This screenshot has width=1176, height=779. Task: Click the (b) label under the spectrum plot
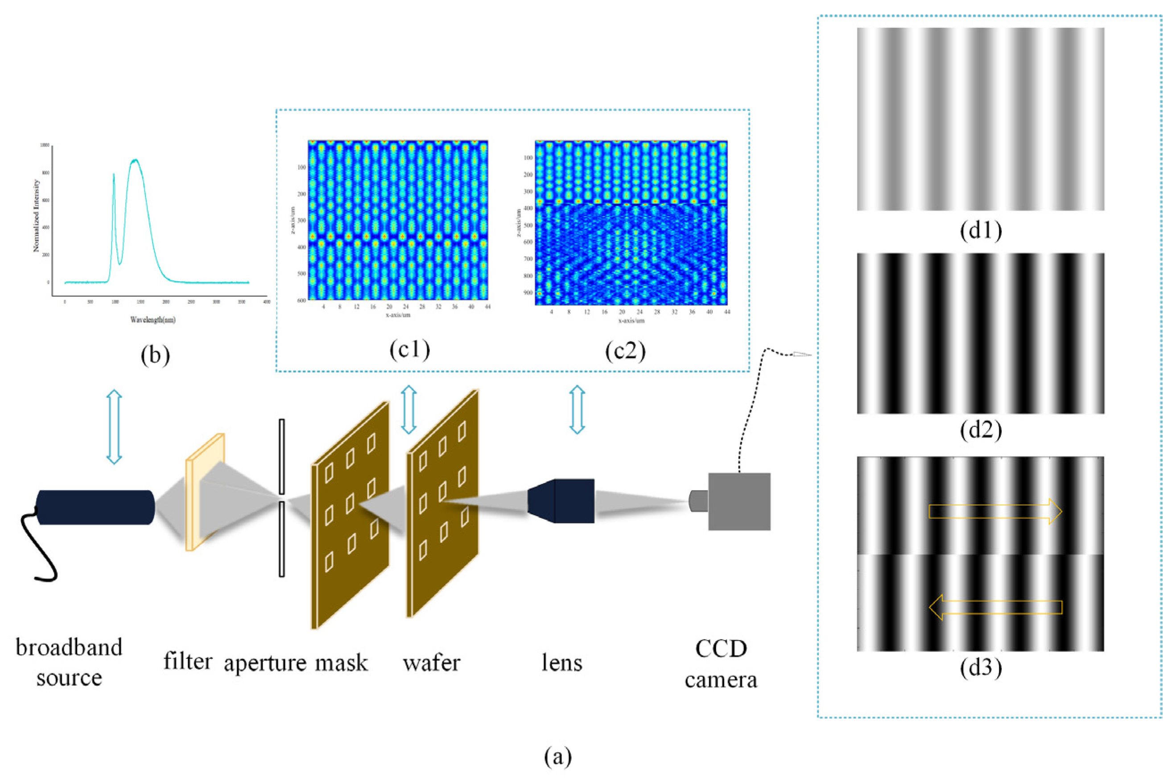(155, 355)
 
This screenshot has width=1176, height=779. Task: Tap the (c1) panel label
(409, 350)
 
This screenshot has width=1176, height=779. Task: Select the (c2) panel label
(625, 351)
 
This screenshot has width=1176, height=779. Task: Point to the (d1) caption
(981, 231)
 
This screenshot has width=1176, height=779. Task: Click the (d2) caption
(981, 430)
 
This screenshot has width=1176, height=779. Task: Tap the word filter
(188, 661)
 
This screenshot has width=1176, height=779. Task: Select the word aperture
(265, 664)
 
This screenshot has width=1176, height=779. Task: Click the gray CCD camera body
(739, 501)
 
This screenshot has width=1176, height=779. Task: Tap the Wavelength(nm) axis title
(153, 320)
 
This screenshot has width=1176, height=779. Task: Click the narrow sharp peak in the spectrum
(114, 175)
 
